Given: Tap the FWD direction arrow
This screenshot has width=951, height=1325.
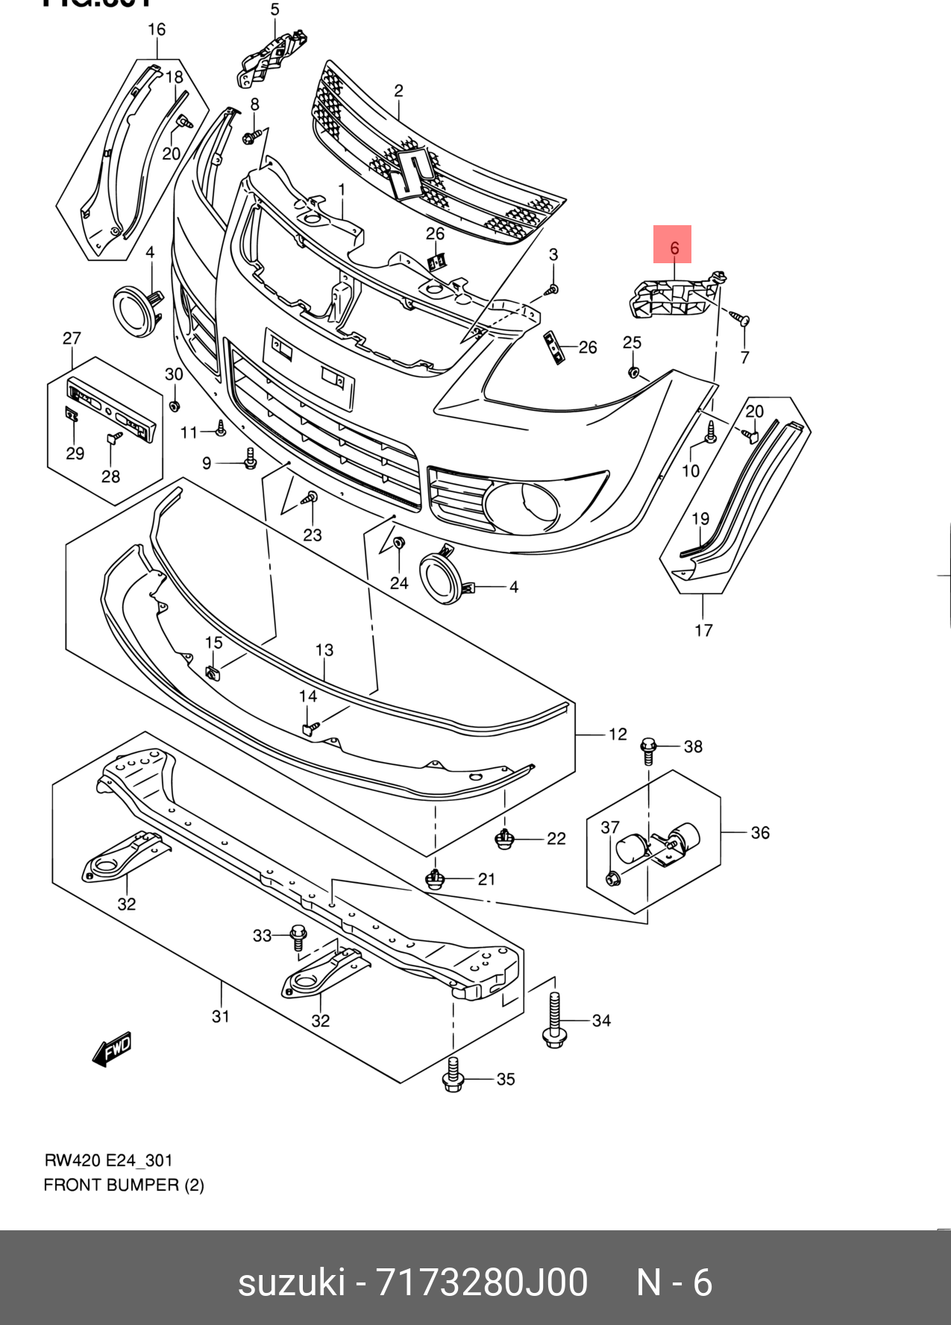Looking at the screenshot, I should click(112, 1048).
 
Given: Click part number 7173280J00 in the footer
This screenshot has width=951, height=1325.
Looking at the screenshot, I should click(481, 1282).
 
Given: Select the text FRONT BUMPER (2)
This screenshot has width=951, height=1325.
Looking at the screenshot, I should click(124, 1185).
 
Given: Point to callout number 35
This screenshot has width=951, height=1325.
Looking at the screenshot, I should click(506, 1079).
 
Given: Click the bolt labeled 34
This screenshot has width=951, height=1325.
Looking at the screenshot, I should click(553, 1020).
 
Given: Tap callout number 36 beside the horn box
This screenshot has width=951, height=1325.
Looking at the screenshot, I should click(759, 832).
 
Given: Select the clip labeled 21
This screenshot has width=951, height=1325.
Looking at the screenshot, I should click(435, 880).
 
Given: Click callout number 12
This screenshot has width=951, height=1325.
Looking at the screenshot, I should click(618, 734).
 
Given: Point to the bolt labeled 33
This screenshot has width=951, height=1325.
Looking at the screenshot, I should click(298, 937).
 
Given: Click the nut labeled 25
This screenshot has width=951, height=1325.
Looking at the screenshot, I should click(634, 371).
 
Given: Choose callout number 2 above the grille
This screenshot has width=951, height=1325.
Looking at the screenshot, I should click(399, 91).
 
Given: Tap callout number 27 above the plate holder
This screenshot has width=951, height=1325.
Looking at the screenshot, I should click(72, 339).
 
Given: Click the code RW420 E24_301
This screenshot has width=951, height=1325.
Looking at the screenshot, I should click(109, 1160).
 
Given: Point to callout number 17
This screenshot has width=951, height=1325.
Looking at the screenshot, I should click(703, 630).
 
